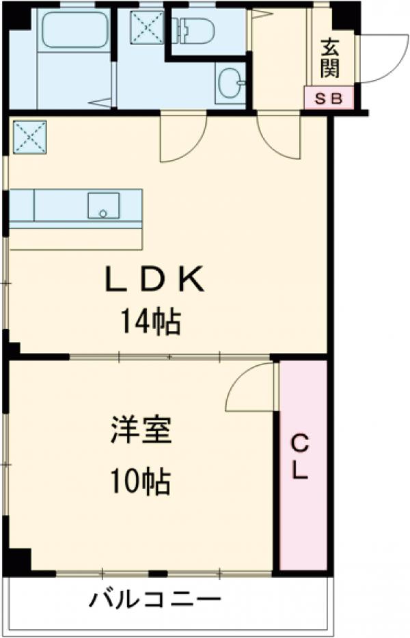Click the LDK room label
click(154, 279)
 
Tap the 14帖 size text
click(151, 321)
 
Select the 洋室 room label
click(141, 432)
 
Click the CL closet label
click(301, 457)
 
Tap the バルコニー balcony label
click(156, 601)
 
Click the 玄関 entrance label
click(331, 58)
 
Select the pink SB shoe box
click(329, 98)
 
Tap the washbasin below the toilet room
click(230, 84)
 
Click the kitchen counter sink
click(103, 205)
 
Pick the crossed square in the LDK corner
click(29, 137)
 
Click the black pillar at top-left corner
click(16, 16)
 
